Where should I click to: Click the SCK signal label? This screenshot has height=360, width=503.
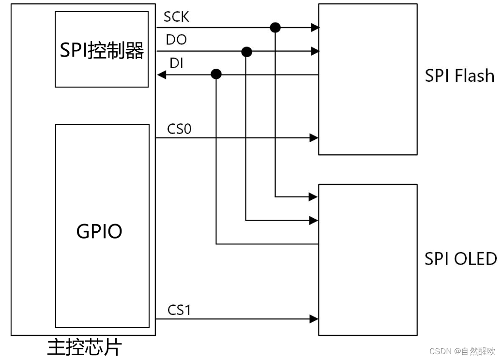click(x=176, y=17)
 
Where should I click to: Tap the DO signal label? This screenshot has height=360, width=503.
click(x=176, y=40)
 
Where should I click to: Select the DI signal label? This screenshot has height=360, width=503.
click(x=176, y=63)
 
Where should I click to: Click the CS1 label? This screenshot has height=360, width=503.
click(x=180, y=310)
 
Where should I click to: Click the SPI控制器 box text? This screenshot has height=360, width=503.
click(x=102, y=50)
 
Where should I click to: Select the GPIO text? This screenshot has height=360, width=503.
click(x=99, y=232)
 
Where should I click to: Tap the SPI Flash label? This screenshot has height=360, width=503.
click(x=459, y=76)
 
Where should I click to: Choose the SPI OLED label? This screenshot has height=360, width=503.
click(x=460, y=259)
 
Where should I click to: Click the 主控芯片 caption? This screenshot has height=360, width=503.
click(x=85, y=348)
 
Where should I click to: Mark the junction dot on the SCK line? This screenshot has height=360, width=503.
click(x=275, y=27)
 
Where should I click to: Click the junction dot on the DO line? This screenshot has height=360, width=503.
click(x=246, y=51)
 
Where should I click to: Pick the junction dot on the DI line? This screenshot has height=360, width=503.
click(x=216, y=75)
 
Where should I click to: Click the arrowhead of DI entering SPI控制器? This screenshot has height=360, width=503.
click(x=162, y=75)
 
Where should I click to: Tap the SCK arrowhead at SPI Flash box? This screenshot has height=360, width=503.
click(x=314, y=28)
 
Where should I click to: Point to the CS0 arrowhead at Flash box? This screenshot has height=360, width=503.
click(x=314, y=138)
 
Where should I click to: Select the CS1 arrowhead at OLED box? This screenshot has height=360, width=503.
click(x=314, y=319)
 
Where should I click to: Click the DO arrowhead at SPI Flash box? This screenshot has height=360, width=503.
click(x=314, y=51)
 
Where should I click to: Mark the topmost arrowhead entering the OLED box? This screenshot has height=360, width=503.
click(x=314, y=197)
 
